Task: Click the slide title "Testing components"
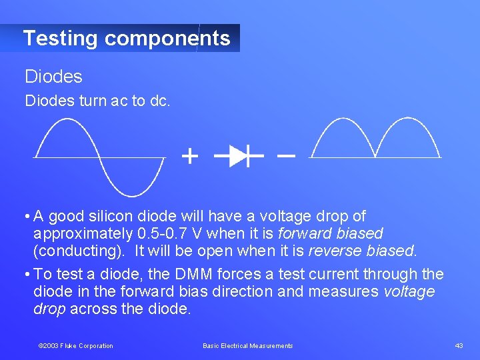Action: tap(127, 38)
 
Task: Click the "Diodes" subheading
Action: tap(53, 77)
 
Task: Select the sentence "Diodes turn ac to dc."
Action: tap(97, 101)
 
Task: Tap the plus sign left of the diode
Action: tap(190, 157)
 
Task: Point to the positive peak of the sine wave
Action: tap(65, 119)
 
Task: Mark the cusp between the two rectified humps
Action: tap(375, 156)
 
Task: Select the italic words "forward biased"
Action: tap(331, 233)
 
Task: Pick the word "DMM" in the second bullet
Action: tap(193, 274)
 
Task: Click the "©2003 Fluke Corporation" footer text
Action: tap(75, 345)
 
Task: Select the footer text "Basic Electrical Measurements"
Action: tap(247, 345)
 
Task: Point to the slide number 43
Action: tap(459, 345)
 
